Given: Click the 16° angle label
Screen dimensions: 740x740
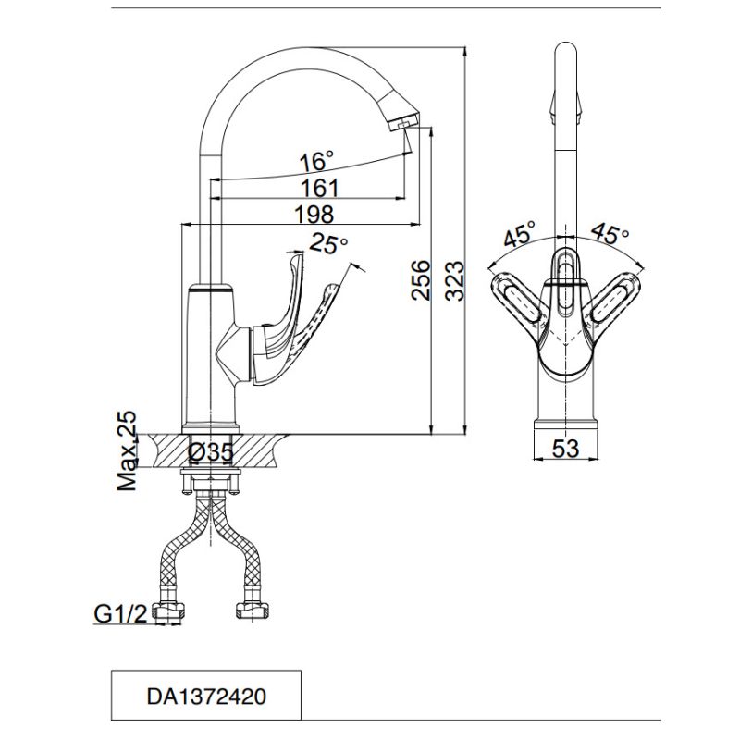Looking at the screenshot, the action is click(x=317, y=161).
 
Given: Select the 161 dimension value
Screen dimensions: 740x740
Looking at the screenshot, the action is click(x=320, y=188).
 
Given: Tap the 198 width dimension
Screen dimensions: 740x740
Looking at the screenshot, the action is click(x=314, y=214).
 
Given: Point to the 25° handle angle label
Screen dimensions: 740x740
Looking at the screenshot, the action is click(x=328, y=244).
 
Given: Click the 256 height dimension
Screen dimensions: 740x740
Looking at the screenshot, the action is click(x=421, y=279).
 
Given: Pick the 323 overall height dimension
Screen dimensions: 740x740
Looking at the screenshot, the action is click(x=455, y=281).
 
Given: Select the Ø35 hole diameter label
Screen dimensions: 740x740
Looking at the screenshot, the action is click(x=211, y=452).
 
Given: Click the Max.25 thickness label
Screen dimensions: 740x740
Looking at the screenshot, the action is click(x=127, y=451).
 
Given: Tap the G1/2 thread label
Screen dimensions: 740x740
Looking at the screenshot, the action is click(x=121, y=614).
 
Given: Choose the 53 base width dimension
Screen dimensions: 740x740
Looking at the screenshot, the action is click(x=565, y=448).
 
